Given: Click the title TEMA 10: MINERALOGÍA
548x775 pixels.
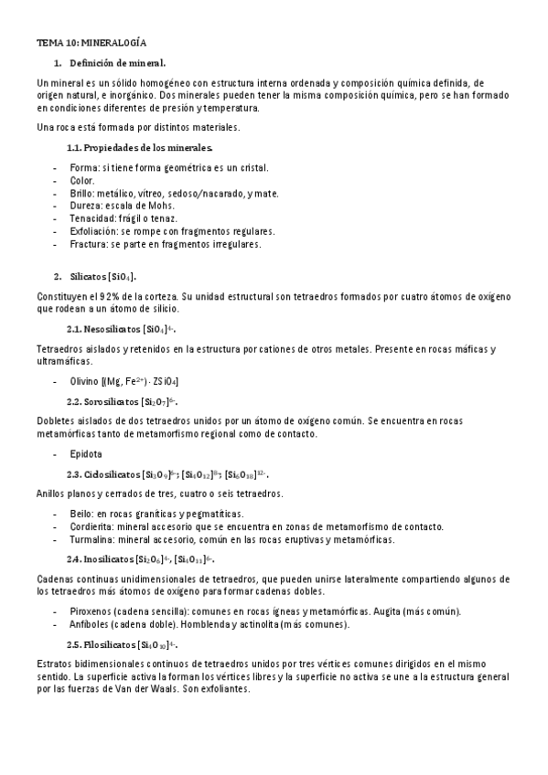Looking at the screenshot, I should (x=91, y=42).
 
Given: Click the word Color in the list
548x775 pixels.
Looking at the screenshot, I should (x=81, y=180).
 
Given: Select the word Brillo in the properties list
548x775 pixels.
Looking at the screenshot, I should (x=82, y=193).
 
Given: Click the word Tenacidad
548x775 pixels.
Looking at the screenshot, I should (x=92, y=218).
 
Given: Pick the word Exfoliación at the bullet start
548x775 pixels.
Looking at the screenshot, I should (x=95, y=231).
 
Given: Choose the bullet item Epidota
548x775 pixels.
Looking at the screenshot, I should (x=86, y=453).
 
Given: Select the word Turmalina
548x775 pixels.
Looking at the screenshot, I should (x=92, y=539).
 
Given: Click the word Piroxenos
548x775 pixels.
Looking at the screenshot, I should (x=94, y=611).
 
